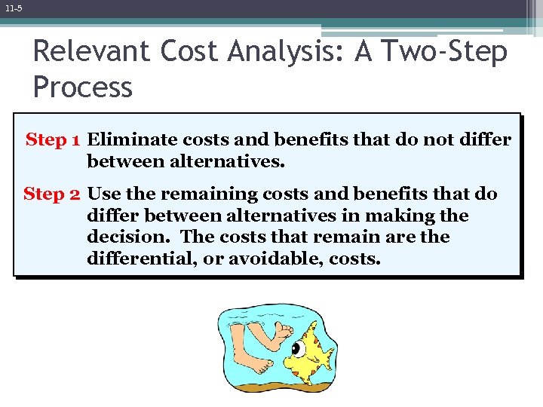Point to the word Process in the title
(82, 87)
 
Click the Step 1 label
(54, 140)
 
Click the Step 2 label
(52, 194)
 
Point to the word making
(401, 216)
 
